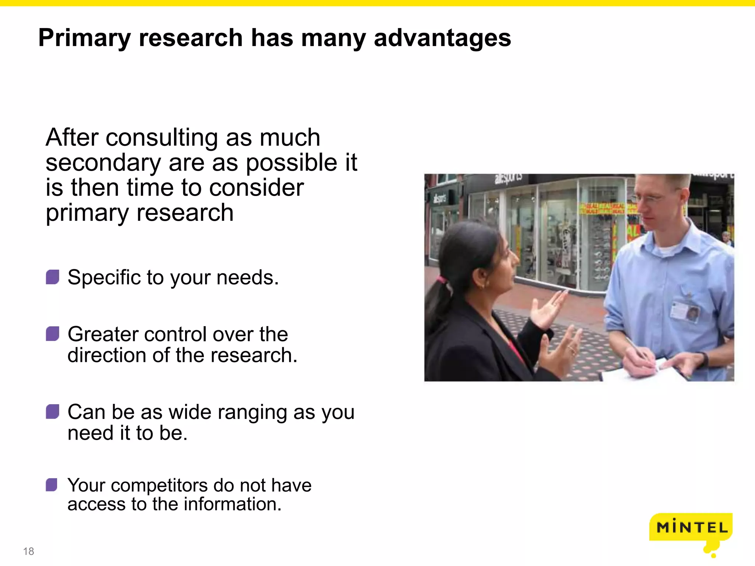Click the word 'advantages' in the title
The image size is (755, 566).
tap(442, 38)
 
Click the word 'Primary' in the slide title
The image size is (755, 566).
tap(84, 38)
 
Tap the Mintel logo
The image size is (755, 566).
tap(692, 528)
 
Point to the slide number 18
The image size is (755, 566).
tap(28, 551)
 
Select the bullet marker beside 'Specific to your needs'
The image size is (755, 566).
tap(52, 277)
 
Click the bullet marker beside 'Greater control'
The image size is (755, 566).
tap(52, 334)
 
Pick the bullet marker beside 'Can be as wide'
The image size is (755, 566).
tap(52, 412)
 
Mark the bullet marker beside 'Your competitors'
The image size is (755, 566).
tap(52, 485)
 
